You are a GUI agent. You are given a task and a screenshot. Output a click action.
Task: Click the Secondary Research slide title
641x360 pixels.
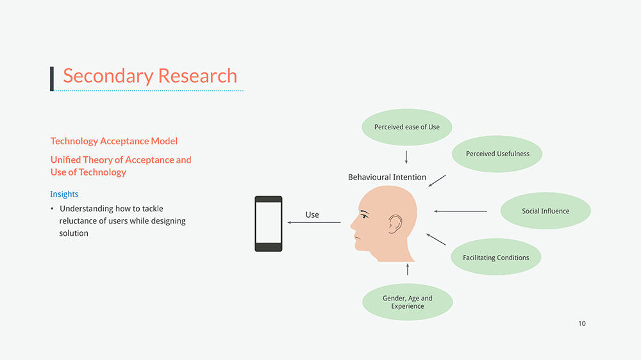click(150, 76)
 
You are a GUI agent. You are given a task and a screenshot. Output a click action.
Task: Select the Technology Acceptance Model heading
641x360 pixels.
click(114, 141)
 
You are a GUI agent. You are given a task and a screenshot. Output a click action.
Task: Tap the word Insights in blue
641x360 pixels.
click(64, 194)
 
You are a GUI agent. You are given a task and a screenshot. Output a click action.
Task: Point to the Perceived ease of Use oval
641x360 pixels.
click(407, 127)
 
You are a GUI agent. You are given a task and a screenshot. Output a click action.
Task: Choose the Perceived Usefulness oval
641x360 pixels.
click(497, 154)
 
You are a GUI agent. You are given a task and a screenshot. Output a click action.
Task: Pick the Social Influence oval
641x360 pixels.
click(545, 211)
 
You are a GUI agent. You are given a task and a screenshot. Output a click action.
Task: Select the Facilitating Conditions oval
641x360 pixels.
click(496, 258)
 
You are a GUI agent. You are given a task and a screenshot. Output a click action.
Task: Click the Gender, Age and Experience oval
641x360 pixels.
click(408, 302)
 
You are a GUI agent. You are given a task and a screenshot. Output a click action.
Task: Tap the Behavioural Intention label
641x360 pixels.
click(387, 177)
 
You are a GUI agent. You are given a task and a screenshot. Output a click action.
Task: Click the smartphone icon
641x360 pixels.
click(269, 224)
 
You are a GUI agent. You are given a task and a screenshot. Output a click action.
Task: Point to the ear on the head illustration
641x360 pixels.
click(395, 223)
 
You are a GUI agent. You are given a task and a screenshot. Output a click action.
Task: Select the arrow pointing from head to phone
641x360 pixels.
click(314, 222)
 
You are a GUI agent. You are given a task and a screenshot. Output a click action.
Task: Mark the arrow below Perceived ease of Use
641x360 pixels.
click(406, 157)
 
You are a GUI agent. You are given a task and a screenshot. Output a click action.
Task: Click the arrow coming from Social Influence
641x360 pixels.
click(460, 211)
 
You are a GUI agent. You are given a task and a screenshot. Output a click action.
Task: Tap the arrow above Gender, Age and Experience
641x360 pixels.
click(408, 269)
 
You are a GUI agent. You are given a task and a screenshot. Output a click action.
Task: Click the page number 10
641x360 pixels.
click(581, 323)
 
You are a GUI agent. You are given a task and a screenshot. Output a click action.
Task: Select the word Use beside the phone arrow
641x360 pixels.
click(312, 215)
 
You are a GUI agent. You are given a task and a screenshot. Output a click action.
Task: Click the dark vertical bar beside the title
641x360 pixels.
click(52, 78)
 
